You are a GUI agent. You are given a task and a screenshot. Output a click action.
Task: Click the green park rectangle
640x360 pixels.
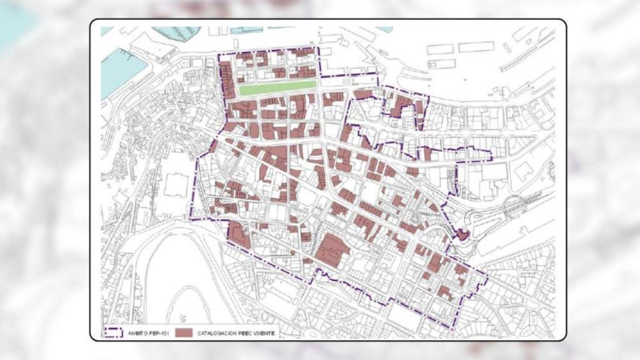pyautogui.click(x=277, y=88)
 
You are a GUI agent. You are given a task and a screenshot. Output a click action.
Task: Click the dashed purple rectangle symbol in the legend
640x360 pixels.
pyautogui.click(x=114, y=332)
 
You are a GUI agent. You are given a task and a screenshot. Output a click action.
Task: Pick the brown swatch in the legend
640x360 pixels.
pyautogui.click(x=184, y=332)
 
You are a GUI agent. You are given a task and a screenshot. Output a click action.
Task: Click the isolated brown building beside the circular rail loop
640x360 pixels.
pyautogui.click(x=462, y=235)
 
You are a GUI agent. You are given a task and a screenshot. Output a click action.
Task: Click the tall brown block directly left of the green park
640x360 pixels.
pyautogui.click(x=227, y=81)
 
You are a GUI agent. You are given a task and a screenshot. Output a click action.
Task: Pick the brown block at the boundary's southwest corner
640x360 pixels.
pyautogui.click(x=238, y=233)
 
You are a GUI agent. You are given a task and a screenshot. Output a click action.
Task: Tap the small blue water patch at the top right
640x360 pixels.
pyautogui.click(x=384, y=29)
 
